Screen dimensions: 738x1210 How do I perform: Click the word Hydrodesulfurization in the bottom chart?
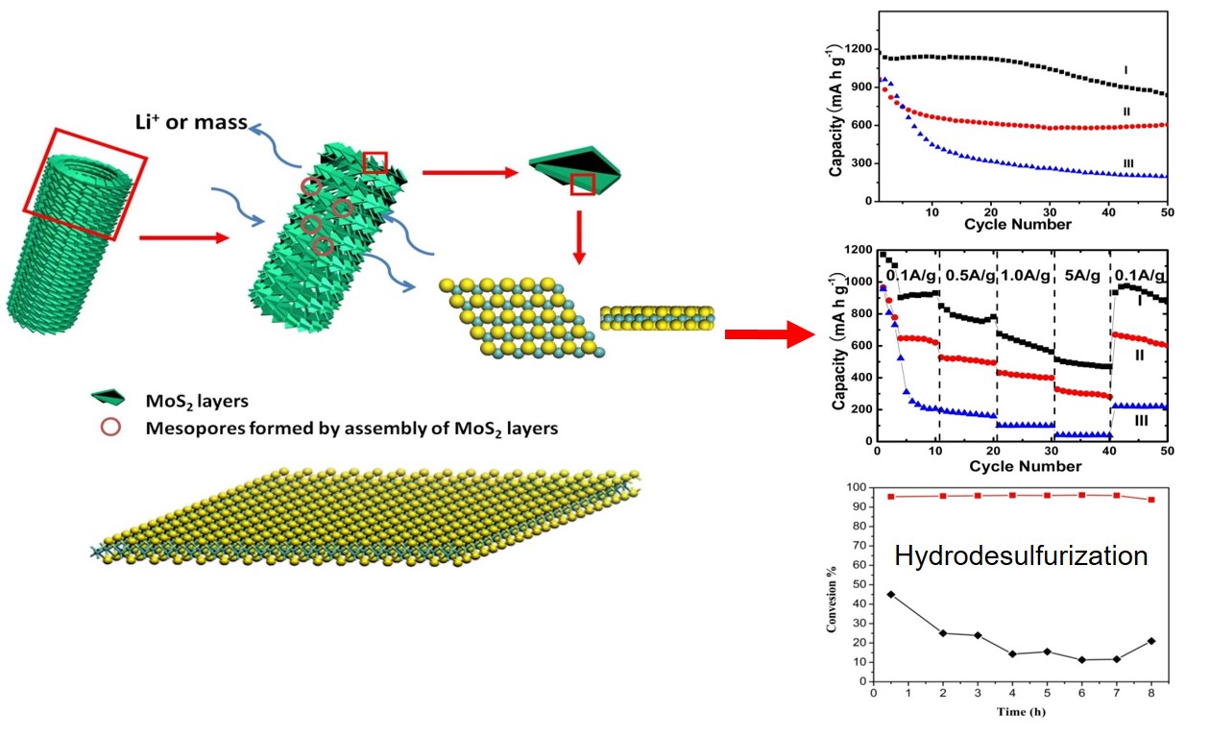[1021, 556]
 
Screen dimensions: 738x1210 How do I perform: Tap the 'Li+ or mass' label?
[191, 122]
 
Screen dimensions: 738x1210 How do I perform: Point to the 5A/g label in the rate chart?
[1080, 276]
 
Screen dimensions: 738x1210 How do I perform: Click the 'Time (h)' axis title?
[1021, 712]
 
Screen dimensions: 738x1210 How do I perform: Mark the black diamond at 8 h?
[1150, 641]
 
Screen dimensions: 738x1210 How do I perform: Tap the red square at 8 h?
[1150, 500]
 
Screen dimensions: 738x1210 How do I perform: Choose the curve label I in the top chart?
[1125, 70]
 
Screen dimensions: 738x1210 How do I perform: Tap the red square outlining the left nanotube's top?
[85, 184]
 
